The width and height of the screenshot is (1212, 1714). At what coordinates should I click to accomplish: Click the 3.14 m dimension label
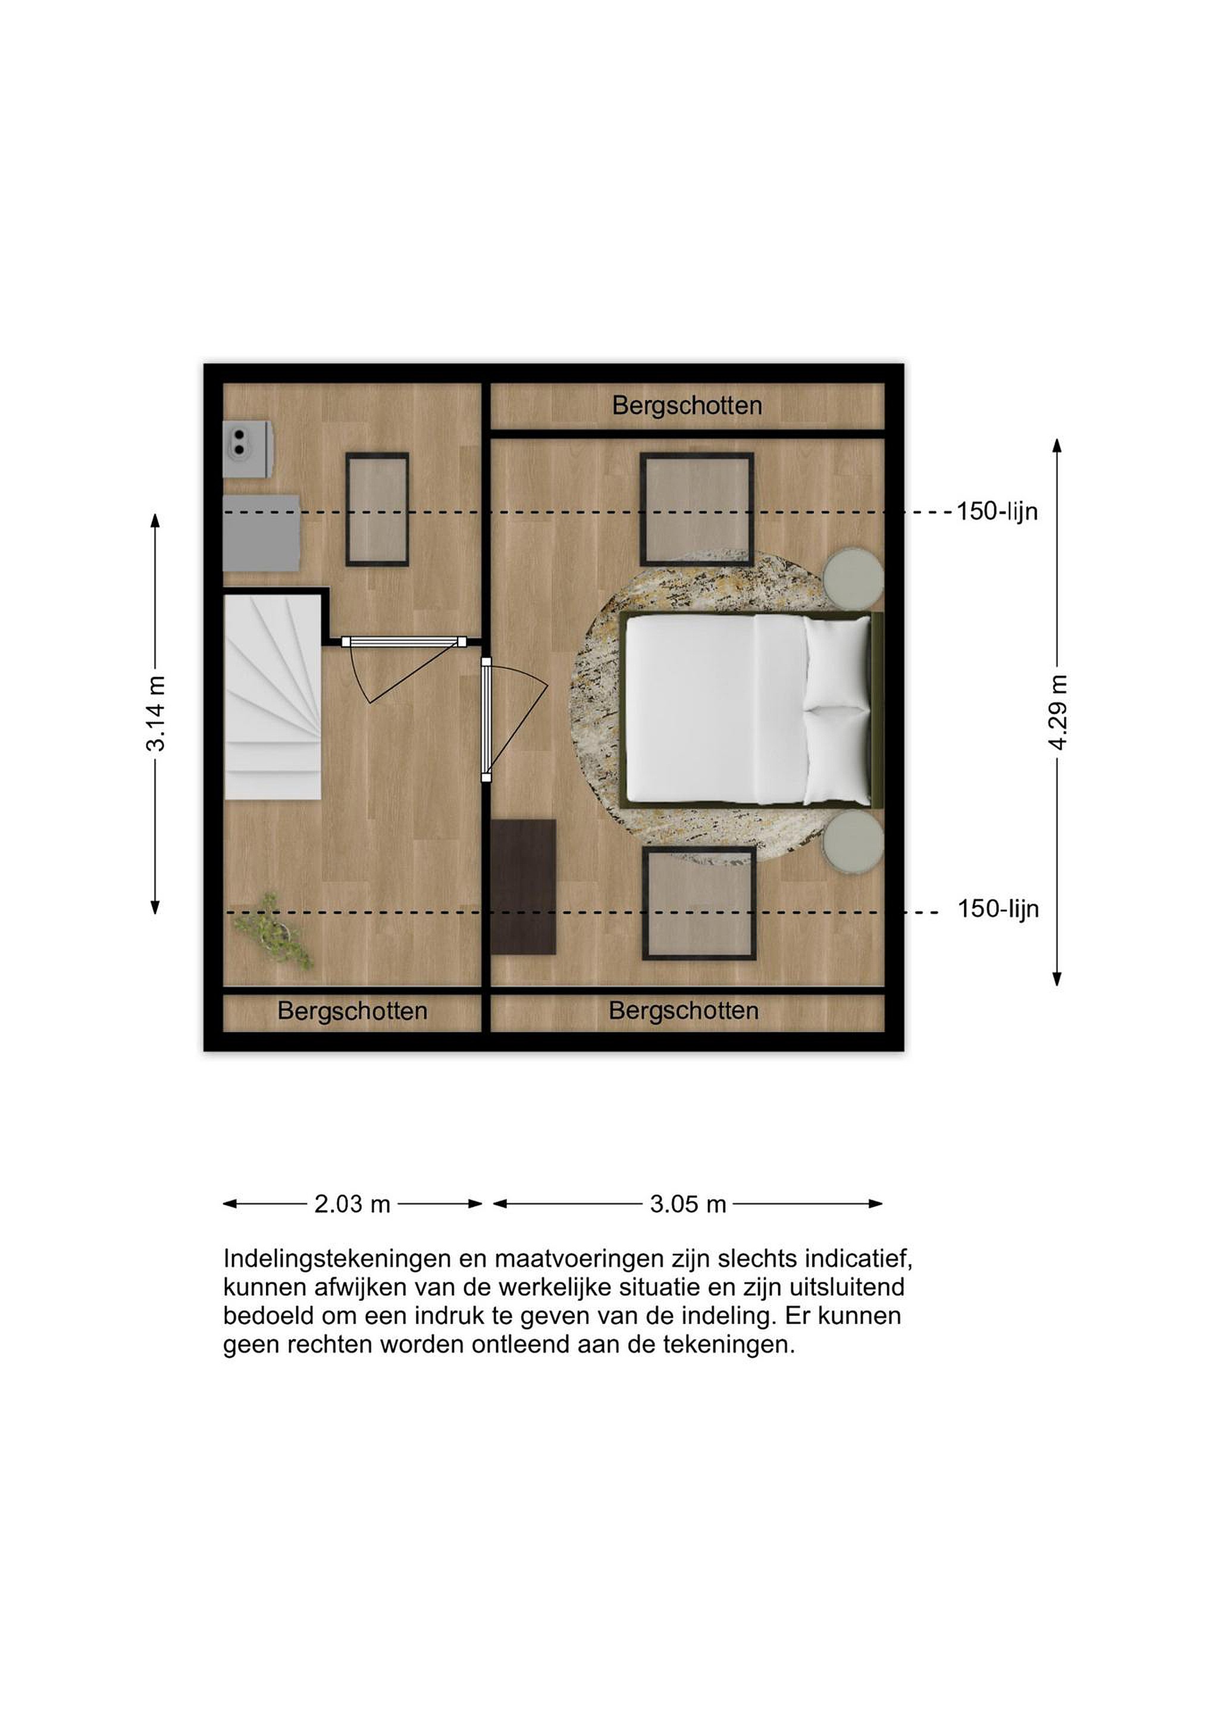click(x=156, y=713)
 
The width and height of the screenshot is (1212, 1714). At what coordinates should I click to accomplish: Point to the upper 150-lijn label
click(x=997, y=511)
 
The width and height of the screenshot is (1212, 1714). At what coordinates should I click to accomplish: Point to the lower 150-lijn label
click(x=998, y=909)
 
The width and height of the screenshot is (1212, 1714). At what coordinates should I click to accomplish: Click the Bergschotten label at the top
click(x=687, y=405)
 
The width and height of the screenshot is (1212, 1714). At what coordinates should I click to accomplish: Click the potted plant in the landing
click(x=273, y=931)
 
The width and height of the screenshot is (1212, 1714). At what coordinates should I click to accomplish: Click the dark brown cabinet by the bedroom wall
click(x=524, y=887)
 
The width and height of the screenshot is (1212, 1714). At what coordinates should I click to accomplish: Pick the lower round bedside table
click(x=853, y=842)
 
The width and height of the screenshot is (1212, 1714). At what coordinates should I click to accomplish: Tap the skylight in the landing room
click(x=377, y=509)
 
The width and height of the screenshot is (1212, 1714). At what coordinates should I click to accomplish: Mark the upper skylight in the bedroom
click(x=697, y=509)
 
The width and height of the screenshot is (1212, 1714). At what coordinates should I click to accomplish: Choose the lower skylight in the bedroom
click(x=699, y=903)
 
